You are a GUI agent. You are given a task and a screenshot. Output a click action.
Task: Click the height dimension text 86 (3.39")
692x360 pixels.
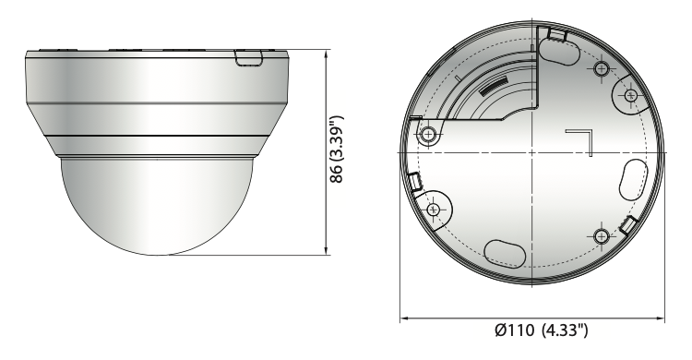point(336,150)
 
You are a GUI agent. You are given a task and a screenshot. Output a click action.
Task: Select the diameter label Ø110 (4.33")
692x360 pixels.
point(542,330)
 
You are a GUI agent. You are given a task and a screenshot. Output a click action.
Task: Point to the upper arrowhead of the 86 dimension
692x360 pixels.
point(327,54)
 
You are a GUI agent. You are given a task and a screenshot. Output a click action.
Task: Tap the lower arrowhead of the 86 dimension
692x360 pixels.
point(327,251)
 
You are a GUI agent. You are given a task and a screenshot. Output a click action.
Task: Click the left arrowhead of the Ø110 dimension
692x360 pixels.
point(405,318)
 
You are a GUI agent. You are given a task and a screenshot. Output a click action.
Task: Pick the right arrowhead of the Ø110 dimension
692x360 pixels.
point(660,318)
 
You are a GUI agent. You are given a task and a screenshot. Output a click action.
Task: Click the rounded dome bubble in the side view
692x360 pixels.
point(158,206)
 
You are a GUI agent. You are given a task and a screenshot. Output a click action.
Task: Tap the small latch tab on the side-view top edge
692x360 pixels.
point(248,58)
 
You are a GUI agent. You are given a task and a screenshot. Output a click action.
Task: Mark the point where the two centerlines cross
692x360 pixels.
point(532,152)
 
